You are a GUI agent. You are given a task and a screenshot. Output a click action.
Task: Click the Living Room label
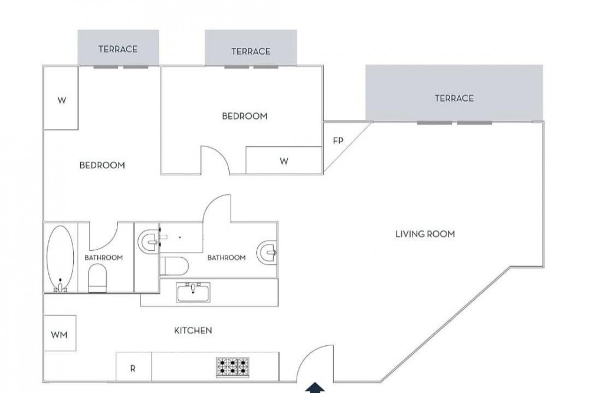[x=425, y=234]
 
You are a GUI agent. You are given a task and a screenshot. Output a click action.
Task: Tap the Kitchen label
[x=193, y=330]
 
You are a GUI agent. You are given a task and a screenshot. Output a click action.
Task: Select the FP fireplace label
[x=338, y=141]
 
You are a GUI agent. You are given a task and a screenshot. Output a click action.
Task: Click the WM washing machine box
[x=60, y=333]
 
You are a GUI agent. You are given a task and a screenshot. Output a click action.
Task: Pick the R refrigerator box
[x=133, y=366]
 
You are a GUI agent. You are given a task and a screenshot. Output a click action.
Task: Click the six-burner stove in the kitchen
[x=232, y=367]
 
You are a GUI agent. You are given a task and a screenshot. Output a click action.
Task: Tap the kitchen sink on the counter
[x=193, y=292]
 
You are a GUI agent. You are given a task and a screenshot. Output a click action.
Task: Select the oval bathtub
[x=60, y=258]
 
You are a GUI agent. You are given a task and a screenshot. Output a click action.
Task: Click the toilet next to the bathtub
[x=97, y=278]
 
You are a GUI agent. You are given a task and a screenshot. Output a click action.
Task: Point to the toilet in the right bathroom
[x=174, y=266]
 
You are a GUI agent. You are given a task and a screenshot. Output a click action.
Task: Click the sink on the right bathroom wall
[x=267, y=252]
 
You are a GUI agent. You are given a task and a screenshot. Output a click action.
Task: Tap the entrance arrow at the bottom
[x=314, y=388]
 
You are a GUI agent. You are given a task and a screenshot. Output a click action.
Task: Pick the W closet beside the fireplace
[x=284, y=161]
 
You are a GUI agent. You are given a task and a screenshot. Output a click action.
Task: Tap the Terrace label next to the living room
[x=454, y=98]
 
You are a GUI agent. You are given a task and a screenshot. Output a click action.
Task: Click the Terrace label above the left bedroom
[x=118, y=49]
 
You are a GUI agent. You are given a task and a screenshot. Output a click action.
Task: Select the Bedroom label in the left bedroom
[x=102, y=165]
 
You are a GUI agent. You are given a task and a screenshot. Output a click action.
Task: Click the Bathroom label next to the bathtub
[x=103, y=257]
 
